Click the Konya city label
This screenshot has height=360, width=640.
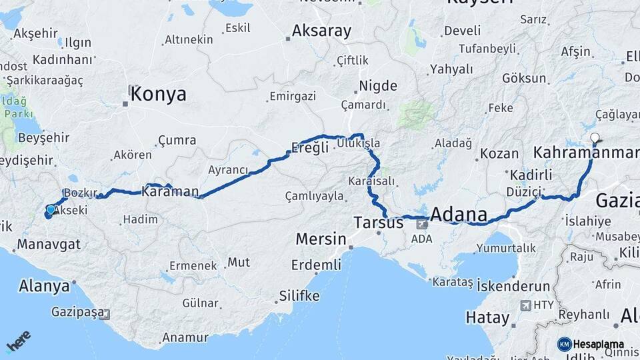[159, 94]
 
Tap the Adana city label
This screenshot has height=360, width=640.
[461, 215]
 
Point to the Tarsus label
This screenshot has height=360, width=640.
[379, 222]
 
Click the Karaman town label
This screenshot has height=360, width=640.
[170, 192]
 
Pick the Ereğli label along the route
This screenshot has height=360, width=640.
[311, 147]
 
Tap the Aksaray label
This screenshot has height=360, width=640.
[321, 31]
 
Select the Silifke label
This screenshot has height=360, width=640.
[299, 295]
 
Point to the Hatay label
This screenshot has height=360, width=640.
[487, 317]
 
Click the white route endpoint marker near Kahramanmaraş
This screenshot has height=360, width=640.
[595, 139]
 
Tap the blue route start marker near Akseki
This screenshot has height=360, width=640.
[50, 211]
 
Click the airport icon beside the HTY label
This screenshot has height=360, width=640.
[525, 305]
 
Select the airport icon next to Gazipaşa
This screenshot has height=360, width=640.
[104, 313]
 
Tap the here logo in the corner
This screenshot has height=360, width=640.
[19, 341]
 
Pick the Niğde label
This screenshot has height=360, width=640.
[378, 86]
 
